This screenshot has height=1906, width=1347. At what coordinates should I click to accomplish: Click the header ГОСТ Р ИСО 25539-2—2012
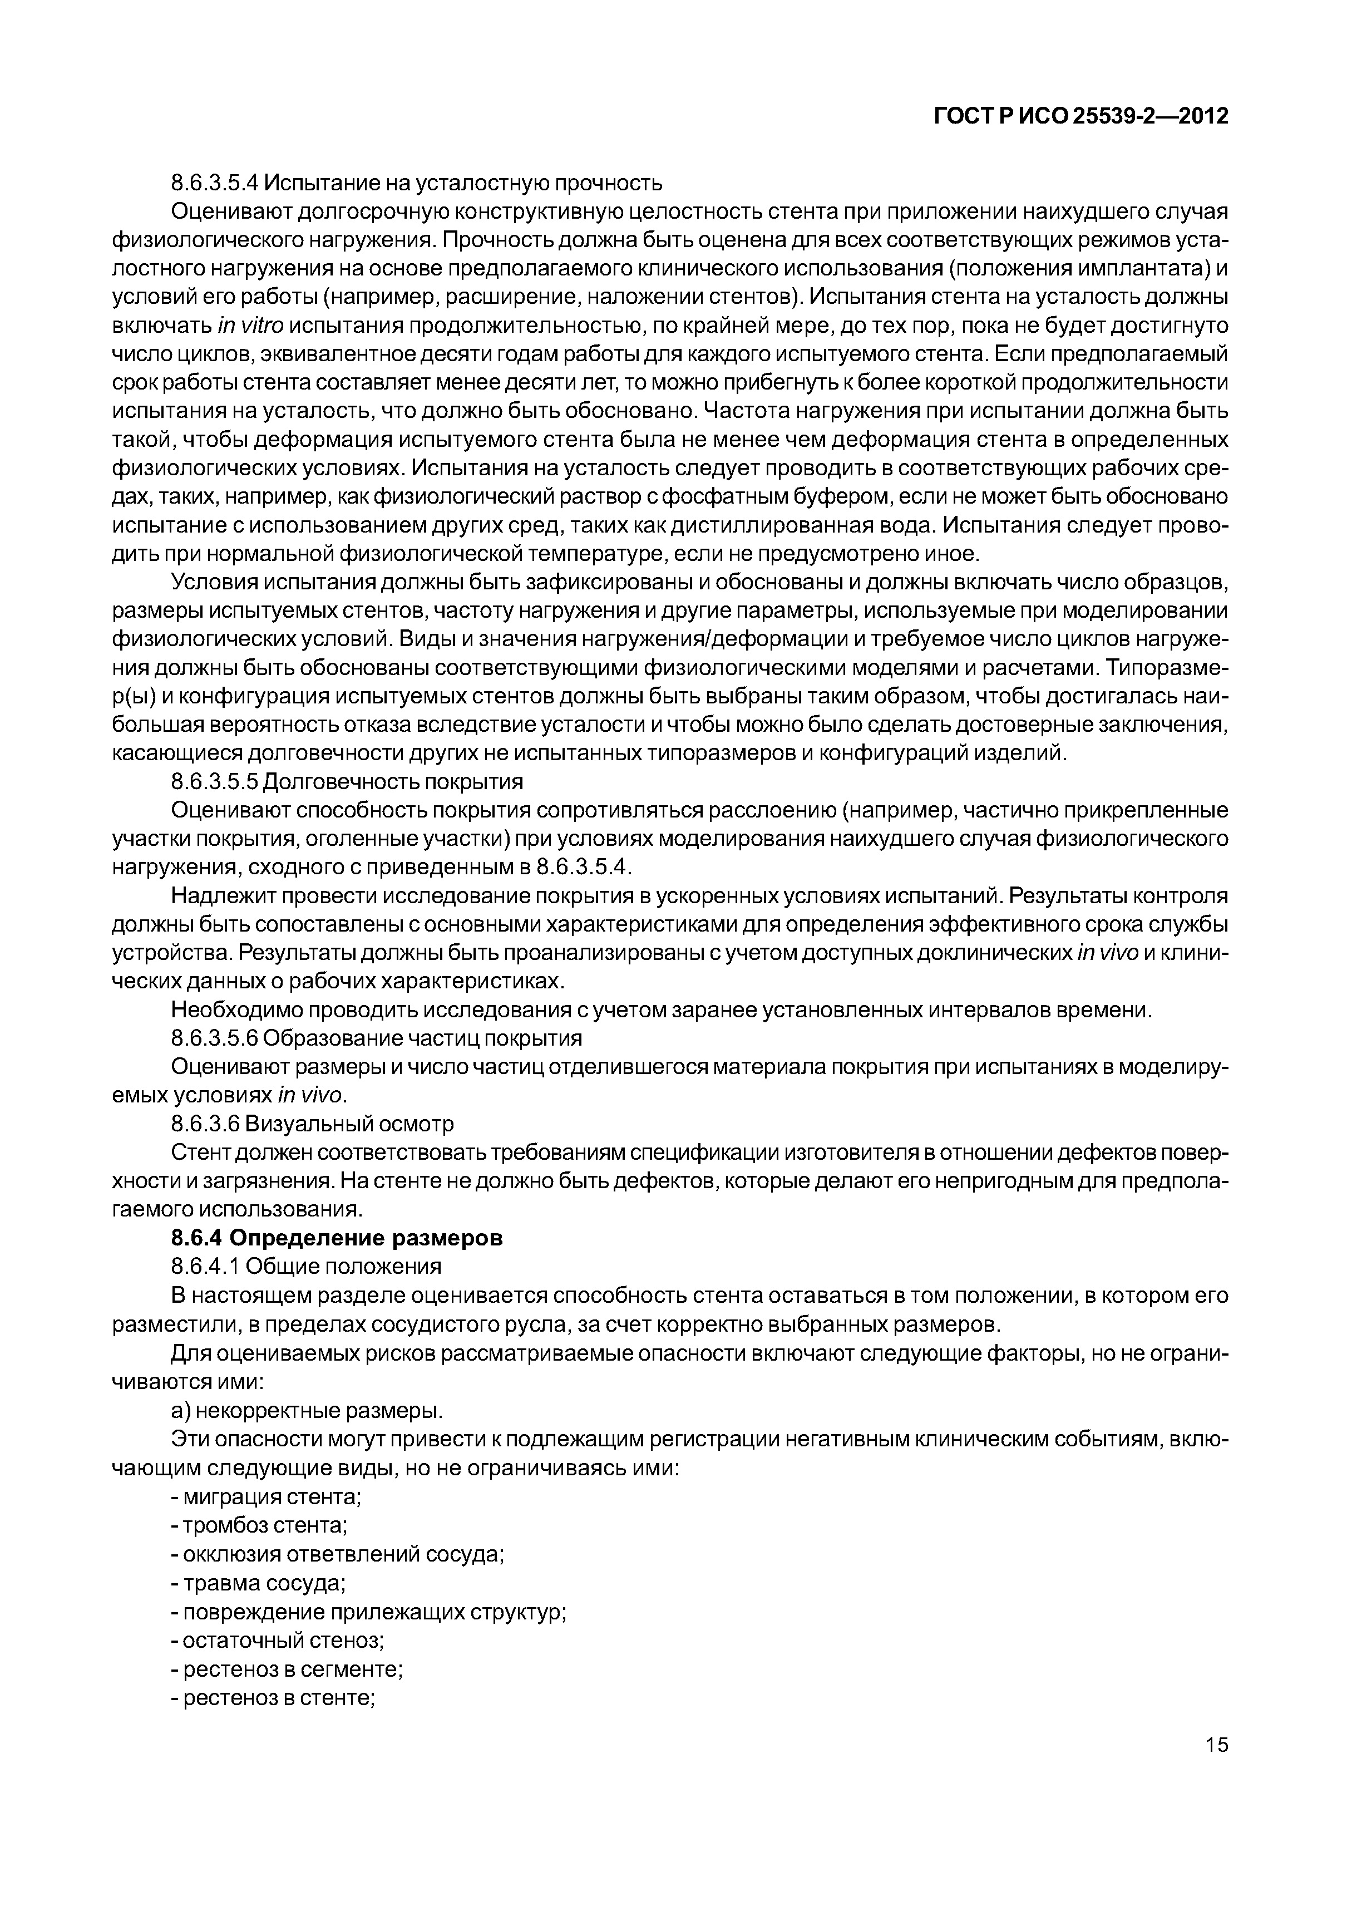point(1080,117)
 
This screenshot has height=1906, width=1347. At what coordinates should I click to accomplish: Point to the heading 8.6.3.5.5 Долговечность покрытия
point(347,782)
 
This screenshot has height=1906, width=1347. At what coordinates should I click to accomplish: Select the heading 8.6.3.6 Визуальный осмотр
point(312,1124)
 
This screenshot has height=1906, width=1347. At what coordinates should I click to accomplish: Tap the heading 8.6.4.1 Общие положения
point(305,1266)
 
